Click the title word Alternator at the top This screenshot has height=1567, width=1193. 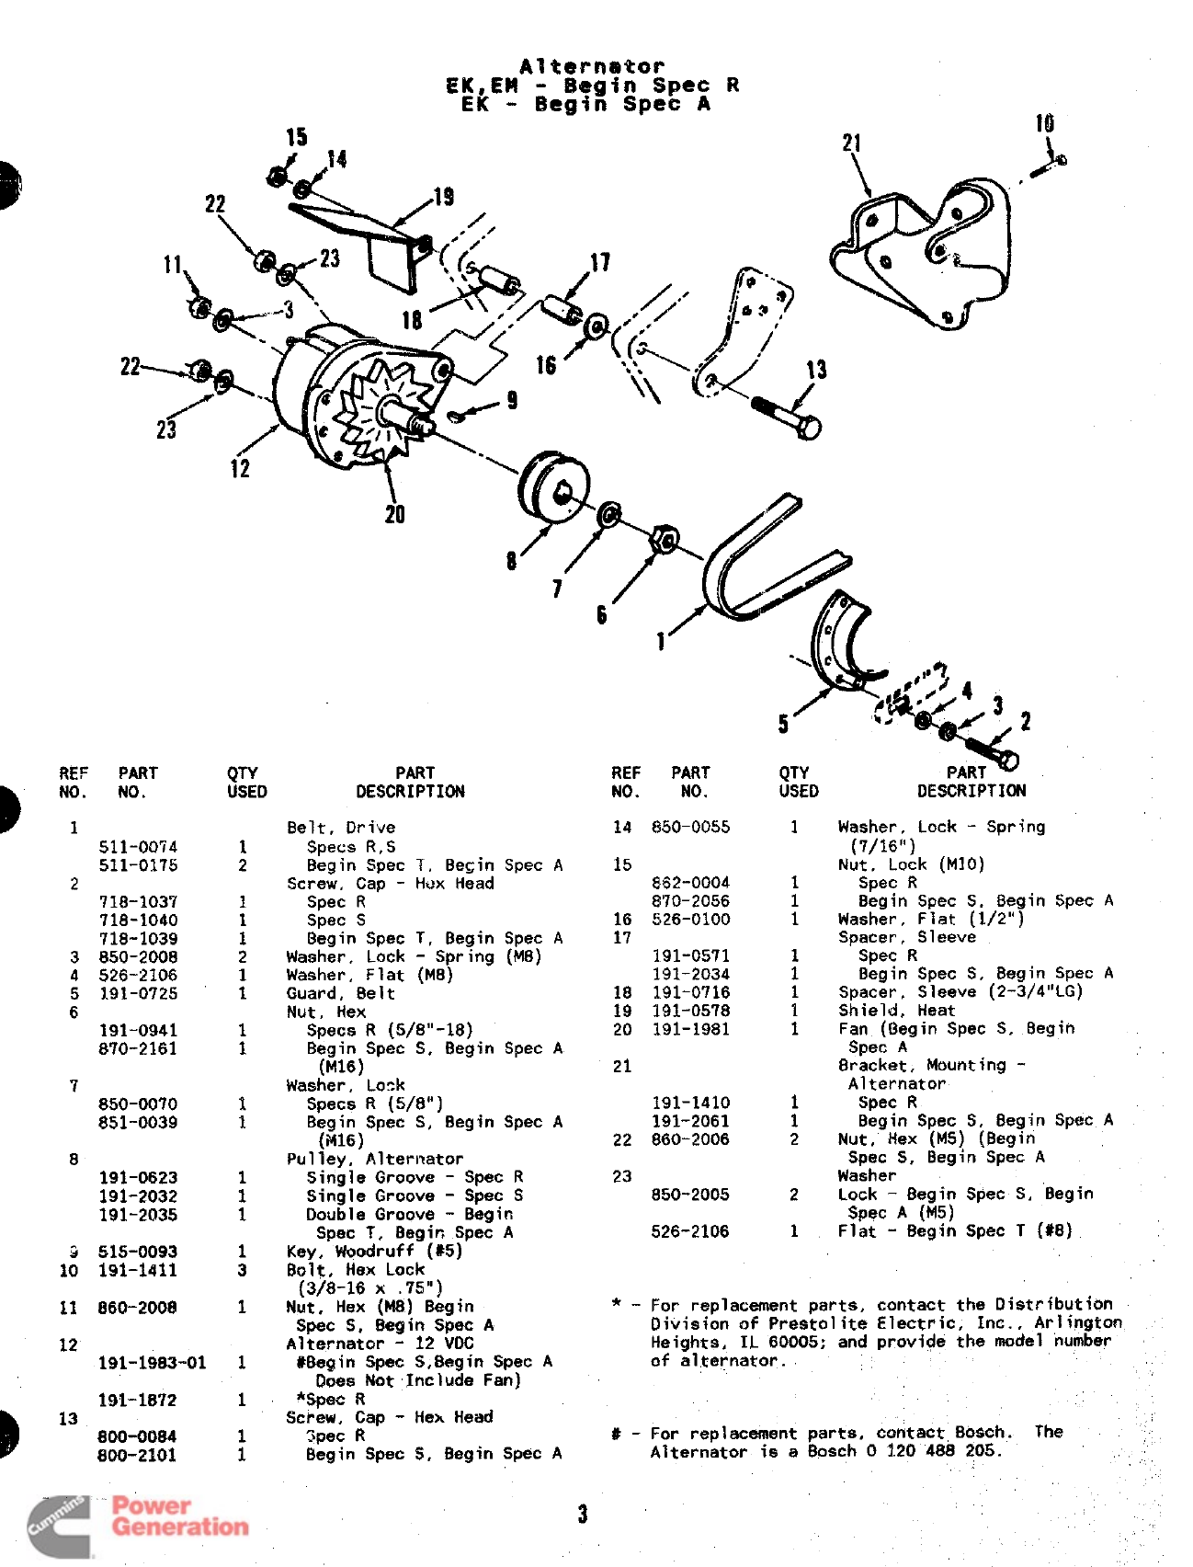click(x=591, y=66)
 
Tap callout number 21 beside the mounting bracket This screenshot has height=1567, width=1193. click(x=852, y=143)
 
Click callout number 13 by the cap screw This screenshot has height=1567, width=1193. click(x=816, y=370)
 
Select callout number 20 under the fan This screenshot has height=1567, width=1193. click(x=394, y=514)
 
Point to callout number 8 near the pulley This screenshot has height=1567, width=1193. click(x=511, y=560)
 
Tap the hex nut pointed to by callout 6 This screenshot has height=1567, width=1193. click(x=664, y=539)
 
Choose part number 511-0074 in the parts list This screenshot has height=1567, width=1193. click(x=138, y=847)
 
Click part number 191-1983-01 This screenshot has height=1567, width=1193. click(x=152, y=1363)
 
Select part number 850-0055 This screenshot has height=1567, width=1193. click(x=690, y=827)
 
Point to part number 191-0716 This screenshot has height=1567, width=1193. click(x=690, y=992)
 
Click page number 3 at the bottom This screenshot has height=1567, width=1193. click(x=583, y=1514)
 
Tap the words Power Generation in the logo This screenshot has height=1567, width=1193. click(x=179, y=1516)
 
